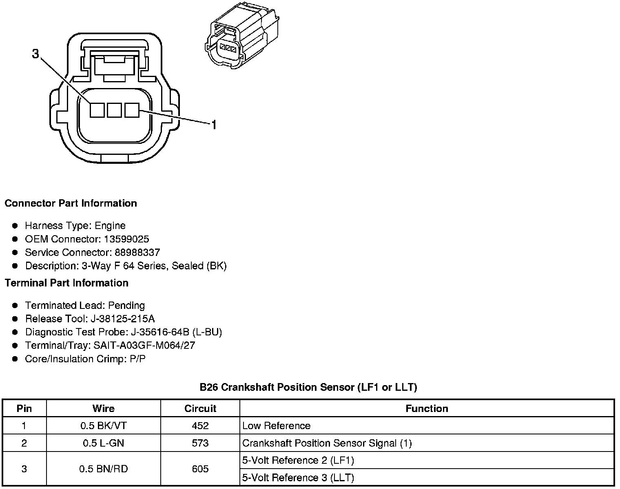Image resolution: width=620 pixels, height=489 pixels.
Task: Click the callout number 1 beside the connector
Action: tap(213, 125)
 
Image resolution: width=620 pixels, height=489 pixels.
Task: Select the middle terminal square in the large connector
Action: tap(114, 110)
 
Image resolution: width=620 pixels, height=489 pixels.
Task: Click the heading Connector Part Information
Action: tap(71, 203)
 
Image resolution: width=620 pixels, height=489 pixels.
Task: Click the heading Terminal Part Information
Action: tap(66, 283)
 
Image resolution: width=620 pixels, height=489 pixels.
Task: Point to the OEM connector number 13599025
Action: tap(126, 239)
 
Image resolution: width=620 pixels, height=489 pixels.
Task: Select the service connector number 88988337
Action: tap(137, 253)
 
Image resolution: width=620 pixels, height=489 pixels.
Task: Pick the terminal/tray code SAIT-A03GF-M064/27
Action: tap(144, 346)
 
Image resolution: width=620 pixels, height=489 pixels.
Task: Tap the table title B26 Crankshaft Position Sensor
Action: tap(308, 387)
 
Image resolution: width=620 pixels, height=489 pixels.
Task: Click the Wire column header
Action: tap(103, 408)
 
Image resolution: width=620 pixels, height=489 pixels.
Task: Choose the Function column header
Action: tap(427, 408)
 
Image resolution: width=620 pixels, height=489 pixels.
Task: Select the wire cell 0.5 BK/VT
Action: tap(103, 426)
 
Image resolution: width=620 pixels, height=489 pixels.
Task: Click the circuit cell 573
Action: tap(200, 443)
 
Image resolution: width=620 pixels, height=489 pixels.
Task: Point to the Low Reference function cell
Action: tap(276, 426)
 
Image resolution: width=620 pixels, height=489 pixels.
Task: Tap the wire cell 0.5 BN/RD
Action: tap(103, 469)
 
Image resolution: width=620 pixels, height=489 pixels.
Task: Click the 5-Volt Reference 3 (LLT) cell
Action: tap(298, 478)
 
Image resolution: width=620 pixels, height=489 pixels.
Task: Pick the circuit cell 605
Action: tap(200, 469)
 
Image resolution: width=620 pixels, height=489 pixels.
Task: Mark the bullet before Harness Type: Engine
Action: tap(15, 226)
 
